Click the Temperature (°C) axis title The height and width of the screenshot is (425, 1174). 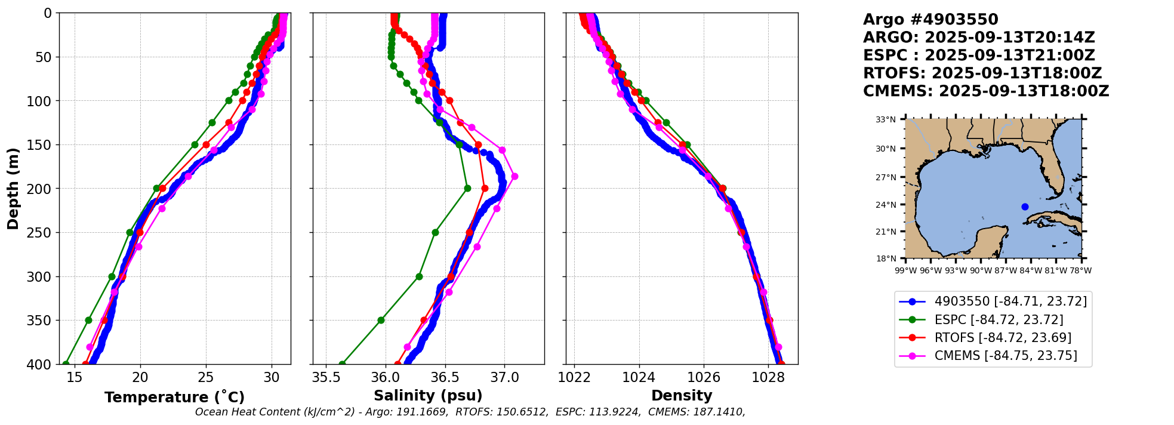[174, 398]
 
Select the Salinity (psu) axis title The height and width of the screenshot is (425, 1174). [427, 396]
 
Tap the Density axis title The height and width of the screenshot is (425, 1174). [682, 396]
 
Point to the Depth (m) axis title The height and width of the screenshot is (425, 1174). [13, 189]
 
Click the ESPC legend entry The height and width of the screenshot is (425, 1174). [990, 320]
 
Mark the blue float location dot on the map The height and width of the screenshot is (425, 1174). [1025, 207]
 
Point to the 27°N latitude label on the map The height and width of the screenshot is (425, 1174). [886, 177]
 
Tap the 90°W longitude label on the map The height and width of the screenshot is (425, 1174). [980, 270]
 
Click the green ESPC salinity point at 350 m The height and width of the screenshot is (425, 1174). [381, 320]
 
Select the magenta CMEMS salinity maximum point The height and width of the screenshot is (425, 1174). [514, 176]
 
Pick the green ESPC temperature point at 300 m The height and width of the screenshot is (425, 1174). [112, 276]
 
